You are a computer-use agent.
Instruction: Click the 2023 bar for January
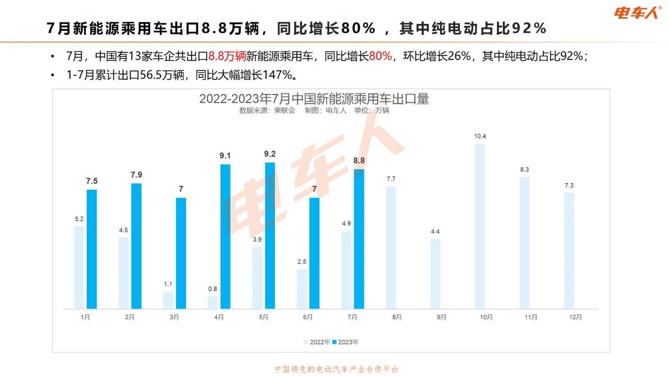click(92, 249)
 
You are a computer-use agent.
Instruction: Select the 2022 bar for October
click(480, 226)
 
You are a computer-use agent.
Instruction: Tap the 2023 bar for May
click(270, 236)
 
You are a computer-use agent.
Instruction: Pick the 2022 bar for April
click(213, 302)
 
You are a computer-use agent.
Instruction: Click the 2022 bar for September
click(435, 274)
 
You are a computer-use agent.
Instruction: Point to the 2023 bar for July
click(359, 239)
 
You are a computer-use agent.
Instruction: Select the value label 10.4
click(480, 136)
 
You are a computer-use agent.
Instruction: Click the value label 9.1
click(225, 156)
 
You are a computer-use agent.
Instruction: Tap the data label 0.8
click(213, 288)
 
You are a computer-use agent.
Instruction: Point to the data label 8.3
click(524, 169)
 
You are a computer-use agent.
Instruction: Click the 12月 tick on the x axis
click(575, 317)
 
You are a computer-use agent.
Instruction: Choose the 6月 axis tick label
click(307, 317)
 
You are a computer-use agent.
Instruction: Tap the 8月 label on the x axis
click(397, 317)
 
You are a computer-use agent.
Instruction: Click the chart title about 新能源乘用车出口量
click(314, 99)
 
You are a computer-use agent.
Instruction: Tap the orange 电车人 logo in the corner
click(638, 12)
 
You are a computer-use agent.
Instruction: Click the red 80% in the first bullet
click(380, 56)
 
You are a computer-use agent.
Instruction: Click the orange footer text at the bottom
click(337, 369)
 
